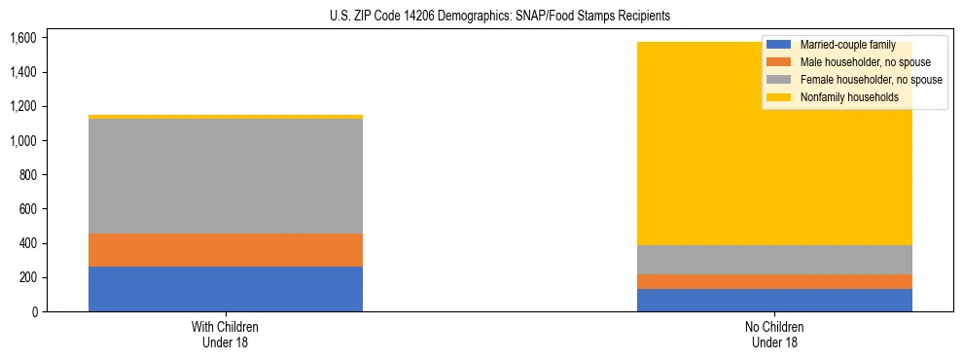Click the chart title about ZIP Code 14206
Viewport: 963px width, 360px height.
click(481, 17)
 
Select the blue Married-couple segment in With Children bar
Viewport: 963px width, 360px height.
click(226, 289)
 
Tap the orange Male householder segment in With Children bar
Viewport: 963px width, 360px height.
click(226, 250)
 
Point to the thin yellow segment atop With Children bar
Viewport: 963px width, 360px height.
click(226, 117)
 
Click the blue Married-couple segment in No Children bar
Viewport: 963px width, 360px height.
click(774, 300)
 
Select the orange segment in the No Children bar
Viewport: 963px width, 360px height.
click(774, 281)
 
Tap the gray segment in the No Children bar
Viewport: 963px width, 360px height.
click(774, 260)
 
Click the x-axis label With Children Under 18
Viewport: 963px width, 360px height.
click(226, 334)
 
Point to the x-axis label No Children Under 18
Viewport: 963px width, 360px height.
click(774, 334)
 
